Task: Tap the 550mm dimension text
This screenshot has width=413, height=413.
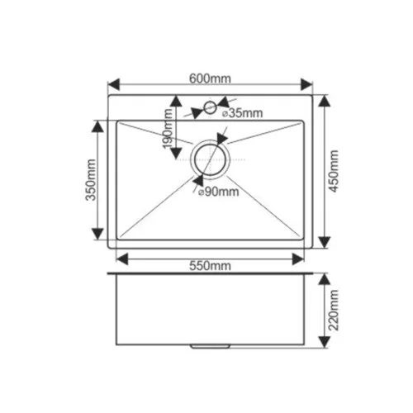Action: [x=210, y=266]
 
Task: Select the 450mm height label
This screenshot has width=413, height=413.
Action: [x=334, y=169]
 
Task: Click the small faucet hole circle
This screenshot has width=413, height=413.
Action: [x=210, y=107]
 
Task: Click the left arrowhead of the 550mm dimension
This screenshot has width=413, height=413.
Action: [x=121, y=259]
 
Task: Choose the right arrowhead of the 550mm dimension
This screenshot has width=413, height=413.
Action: [x=300, y=259]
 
